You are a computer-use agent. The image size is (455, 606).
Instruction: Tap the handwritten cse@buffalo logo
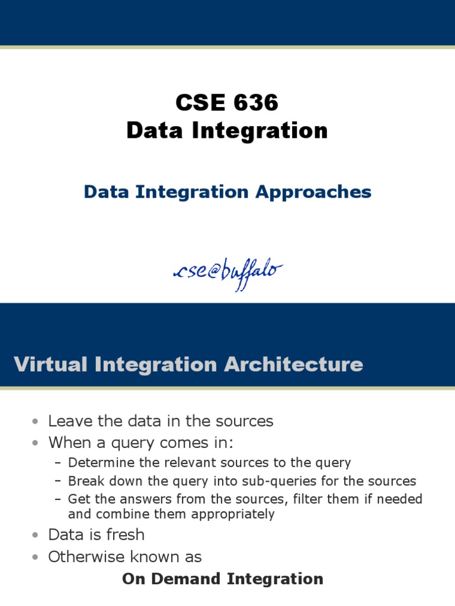pyautogui.click(x=227, y=270)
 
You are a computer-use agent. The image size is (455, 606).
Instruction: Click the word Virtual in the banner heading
pyautogui.click(x=52, y=364)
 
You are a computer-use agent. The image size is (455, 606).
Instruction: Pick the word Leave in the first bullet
pyautogui.click(x=67, y=421)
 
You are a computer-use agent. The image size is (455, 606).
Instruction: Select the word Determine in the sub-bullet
pyautogui.click(x=97, y=462)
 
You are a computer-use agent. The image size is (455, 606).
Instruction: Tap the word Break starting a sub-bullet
pyautogui.click(x=85, y=481)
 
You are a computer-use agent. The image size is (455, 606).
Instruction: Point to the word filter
pyautogui.click(x=310, y=499)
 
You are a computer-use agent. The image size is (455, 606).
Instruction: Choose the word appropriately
pyautogui.click(x=230, y=514)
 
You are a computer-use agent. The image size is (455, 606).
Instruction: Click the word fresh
pyautogui.click(x=123, y=534)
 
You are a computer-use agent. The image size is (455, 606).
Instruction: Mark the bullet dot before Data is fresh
pyautogui.click(x=37, y=535)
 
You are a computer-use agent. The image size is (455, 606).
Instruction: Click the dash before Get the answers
pyautogui.click(x=57, y=499)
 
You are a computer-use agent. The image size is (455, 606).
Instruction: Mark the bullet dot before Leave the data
pyautogui.click(x=37, y=421)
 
